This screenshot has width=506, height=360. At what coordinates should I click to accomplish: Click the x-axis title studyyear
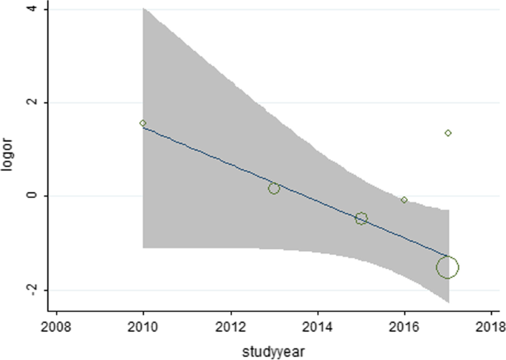coord(273,346)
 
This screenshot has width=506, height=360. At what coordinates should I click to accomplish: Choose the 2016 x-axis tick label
coord(404,325)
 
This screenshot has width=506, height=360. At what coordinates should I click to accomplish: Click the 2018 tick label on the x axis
coord(491,325)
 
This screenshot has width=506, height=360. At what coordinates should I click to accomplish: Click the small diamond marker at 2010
coord(143,123)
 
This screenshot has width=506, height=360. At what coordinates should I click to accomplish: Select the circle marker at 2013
coord(274,189)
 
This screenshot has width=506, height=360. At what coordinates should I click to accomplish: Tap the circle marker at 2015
coord(361,218)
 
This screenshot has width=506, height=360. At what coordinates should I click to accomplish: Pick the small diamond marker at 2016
coord(404,200)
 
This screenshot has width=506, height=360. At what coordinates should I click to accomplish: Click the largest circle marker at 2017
coord(448,267)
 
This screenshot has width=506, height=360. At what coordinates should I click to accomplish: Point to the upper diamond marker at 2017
coord(448,133)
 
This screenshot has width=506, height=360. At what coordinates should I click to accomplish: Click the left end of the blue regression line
coord(143,128)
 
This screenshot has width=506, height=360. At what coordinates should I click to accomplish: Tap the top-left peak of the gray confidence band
coord(144,9)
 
